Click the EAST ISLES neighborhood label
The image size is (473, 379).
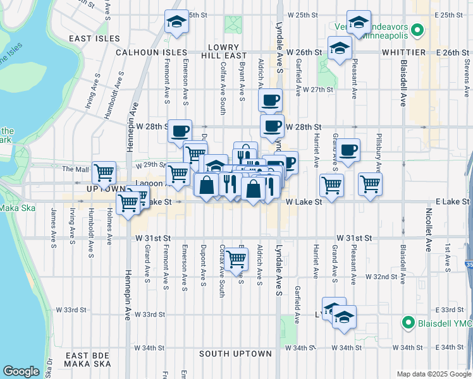[94, 39]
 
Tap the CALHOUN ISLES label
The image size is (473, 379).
[151, 52]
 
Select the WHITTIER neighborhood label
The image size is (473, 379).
[403, 52]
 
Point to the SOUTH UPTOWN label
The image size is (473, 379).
[235, 354]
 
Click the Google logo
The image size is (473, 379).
[21, 371]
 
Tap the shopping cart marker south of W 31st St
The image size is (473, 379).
[236, 258]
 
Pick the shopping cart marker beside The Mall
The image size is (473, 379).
[104, 171]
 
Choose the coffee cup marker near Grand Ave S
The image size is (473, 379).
[348, 150]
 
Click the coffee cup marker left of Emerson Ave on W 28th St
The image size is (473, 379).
[180, 130]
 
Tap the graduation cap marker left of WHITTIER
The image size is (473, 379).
[340, 48]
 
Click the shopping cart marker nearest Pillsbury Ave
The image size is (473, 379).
[370, 184]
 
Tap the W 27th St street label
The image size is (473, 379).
[318, 90]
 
